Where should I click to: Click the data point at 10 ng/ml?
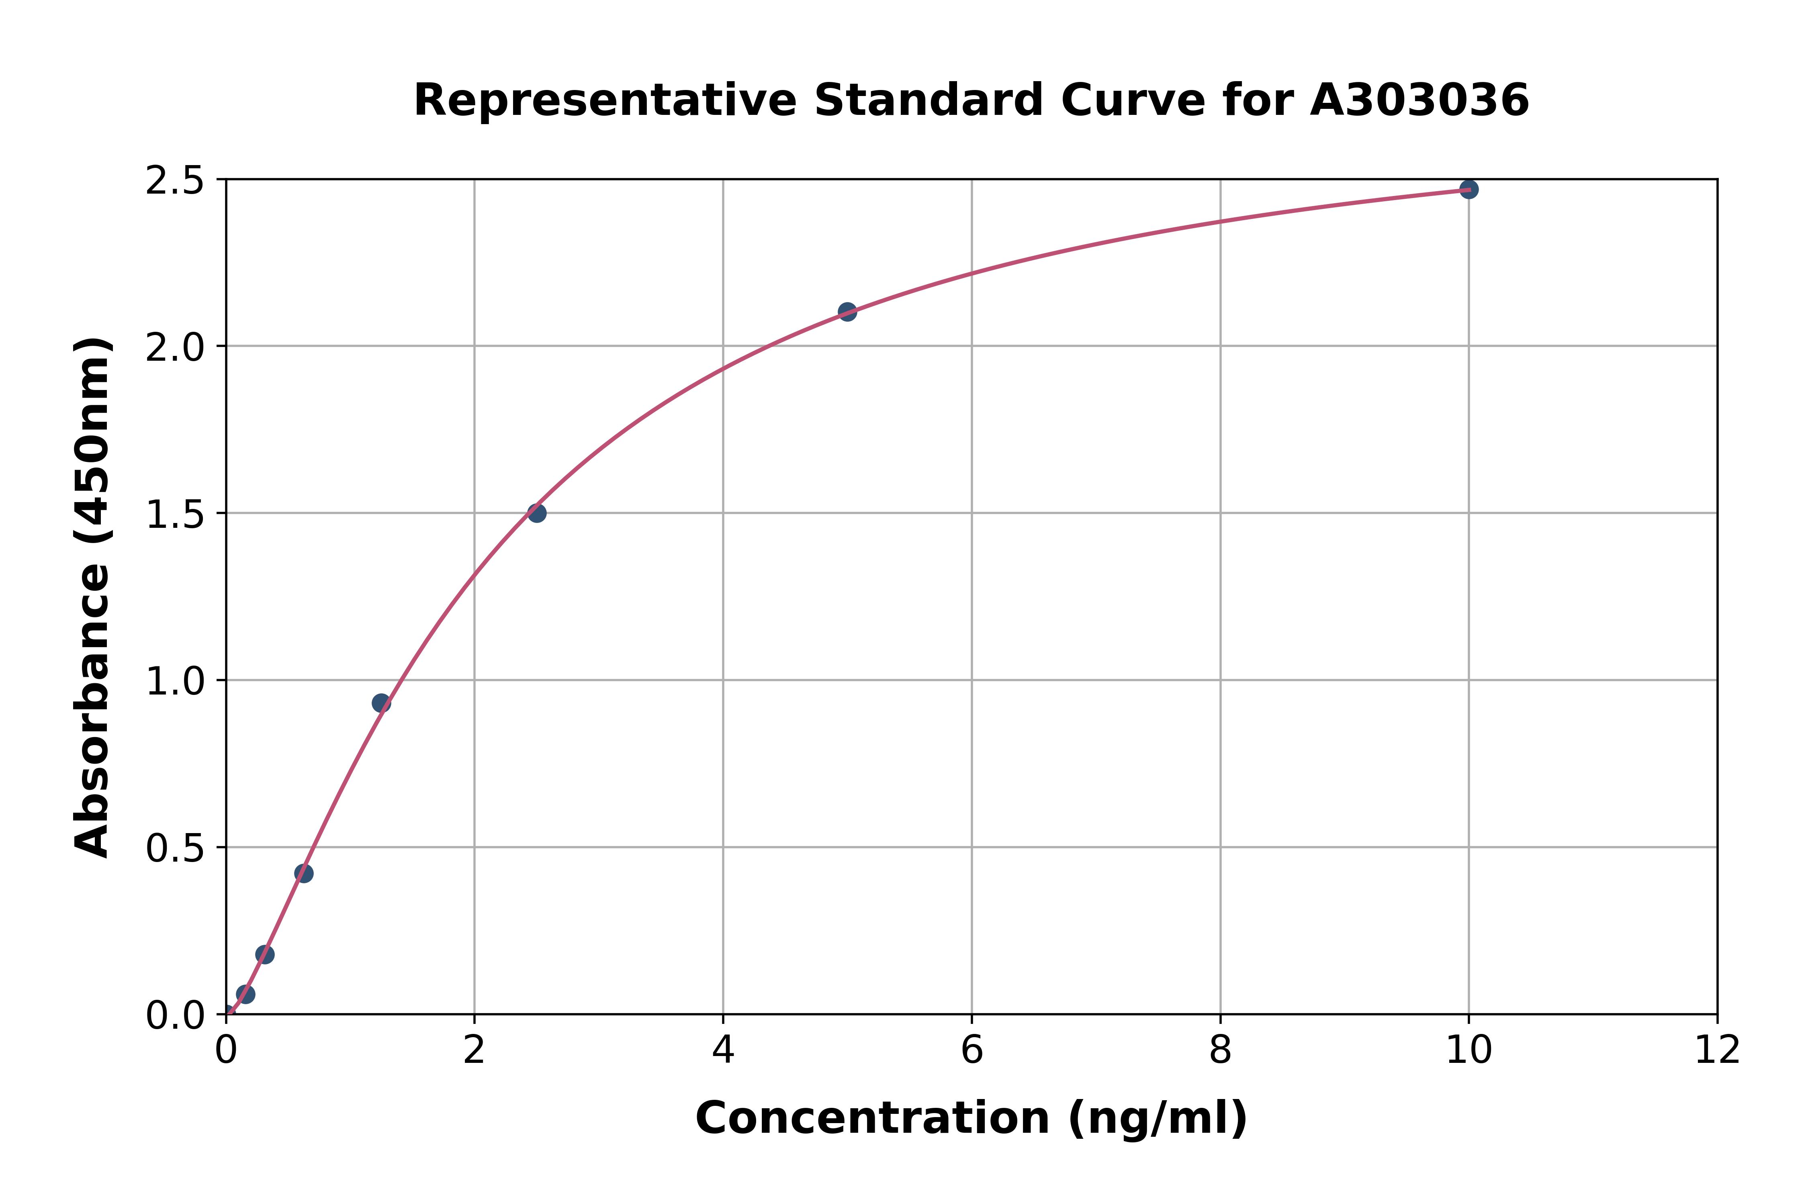pyautogui.click(x=1468, y=190)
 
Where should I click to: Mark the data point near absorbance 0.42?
pyautogui.click(x=304, y=873)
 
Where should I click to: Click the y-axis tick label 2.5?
pyautogui.click(x=175, y=181)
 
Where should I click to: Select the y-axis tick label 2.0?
pyautogui.click(x=175, y=348)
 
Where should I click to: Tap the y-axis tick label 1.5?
pyautogui.click(x=175, y=514)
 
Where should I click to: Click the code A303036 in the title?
pyautogui.click(x=1419, y=100)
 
